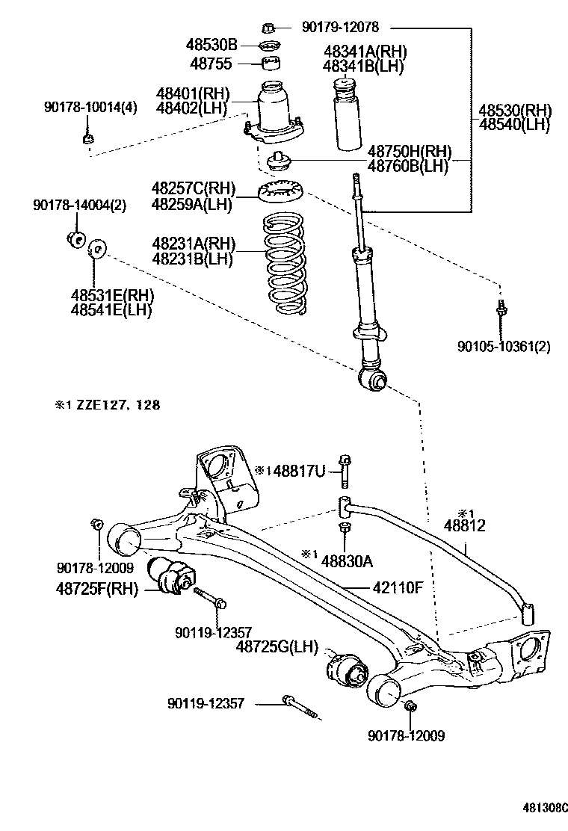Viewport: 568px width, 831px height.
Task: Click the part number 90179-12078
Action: (340, 28)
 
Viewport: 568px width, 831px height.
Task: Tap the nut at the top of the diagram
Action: (269, 28)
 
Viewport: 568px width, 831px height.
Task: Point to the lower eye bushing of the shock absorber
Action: (373, 381)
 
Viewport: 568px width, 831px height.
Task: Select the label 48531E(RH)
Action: (111, 295)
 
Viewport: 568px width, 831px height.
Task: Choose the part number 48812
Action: (465, 526)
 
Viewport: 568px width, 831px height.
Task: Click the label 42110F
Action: (398, 587)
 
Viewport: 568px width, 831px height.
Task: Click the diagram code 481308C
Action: (544, 808)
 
